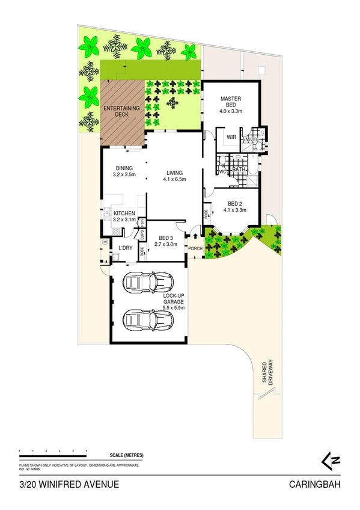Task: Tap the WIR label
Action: [231, 137]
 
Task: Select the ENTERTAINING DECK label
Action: [122, 111]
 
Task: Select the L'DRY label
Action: [125, 247]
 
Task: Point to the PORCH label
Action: [195, 248]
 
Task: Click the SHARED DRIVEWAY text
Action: [267, 370]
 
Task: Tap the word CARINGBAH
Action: [316, 485]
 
